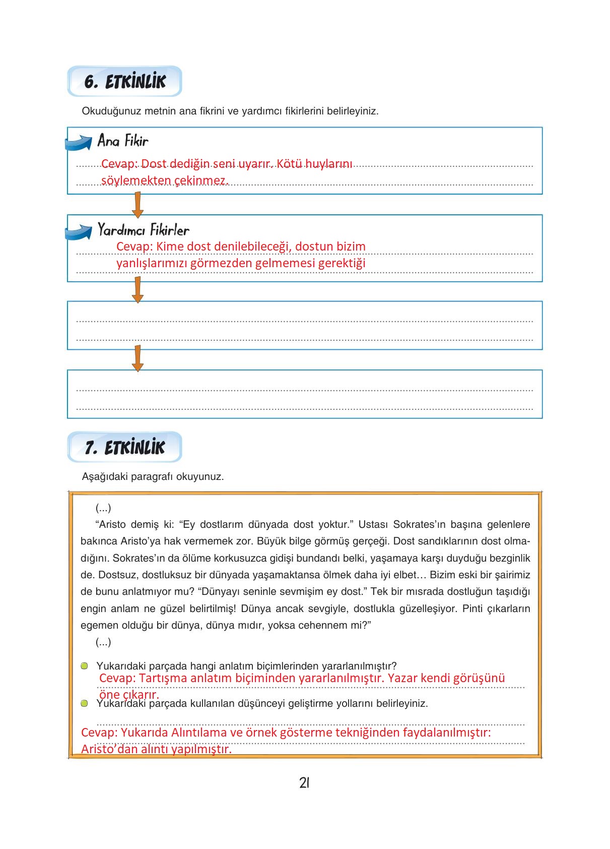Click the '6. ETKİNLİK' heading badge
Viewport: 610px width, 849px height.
[x=124, y=82]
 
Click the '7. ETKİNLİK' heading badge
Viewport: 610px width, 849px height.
[x=124, y=447]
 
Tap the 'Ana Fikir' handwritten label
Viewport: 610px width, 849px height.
[x=123, y=141]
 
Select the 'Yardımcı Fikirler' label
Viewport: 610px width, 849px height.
[x=144, y=230]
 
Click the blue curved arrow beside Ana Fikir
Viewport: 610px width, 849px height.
[x=79, y=143]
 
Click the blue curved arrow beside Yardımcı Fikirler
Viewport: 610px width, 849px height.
[x=79, y=232]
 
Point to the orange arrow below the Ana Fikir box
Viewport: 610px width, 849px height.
[x=137, y=204]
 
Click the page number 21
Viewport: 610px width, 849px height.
[x=304, y=783]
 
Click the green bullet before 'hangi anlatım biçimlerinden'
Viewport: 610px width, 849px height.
[x=85, y=666]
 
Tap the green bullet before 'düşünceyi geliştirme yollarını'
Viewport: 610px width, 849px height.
[x=85, y=703]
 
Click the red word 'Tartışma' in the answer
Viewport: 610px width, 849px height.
[x=163, y=678]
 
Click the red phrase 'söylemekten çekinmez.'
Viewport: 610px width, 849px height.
[x=165, y=180]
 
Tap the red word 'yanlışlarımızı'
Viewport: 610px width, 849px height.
[x=152, y=263]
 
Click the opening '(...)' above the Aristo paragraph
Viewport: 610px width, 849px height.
[x=103, y=508]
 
